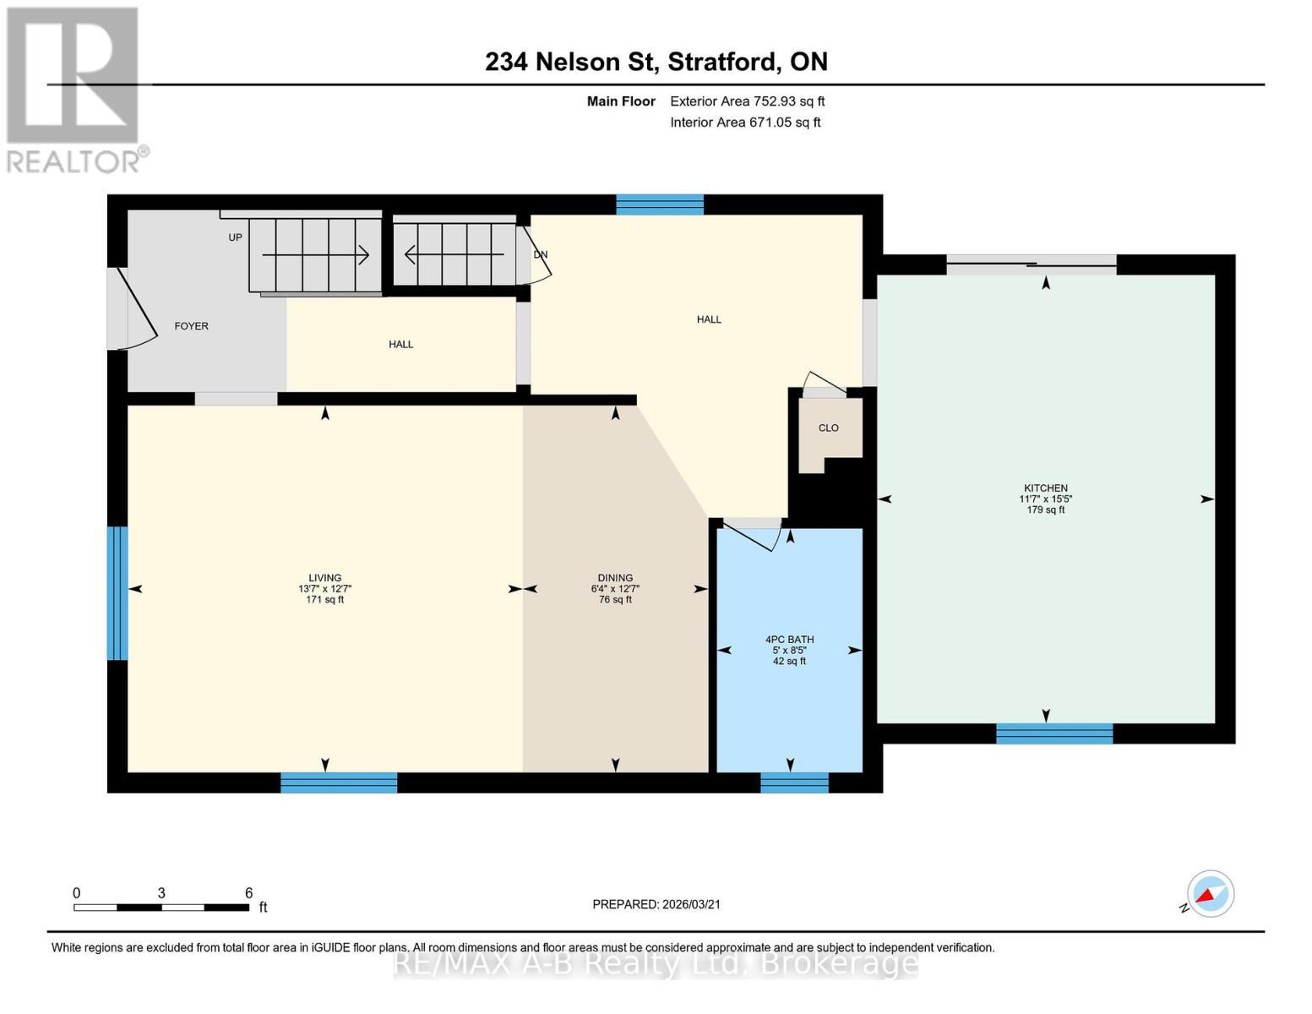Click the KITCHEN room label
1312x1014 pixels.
coord(1046,488)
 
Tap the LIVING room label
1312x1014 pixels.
coord(324,578)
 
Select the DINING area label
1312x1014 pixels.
coord(615,578)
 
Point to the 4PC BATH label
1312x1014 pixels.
coord(789,640)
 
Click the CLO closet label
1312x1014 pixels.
coord(828,428)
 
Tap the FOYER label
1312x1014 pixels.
coord(191,326)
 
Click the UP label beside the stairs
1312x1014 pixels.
coord(235,237)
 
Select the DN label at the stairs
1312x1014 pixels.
coord(540,254)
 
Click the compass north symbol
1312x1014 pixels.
coord(1210,894)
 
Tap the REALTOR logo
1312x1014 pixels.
coord(74,89)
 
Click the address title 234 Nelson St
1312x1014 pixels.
coord(656,62)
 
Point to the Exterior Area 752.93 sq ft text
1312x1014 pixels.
coord(747,101)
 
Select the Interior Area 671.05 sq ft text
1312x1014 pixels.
coord(745,123)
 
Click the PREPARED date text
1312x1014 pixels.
coord(656,904)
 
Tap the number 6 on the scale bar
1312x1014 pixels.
coord(248,893)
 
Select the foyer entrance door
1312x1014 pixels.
coord(135,310)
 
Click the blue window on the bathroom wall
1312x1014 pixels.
coord(794,783)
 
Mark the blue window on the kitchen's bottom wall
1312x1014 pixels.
coord(1053,733)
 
